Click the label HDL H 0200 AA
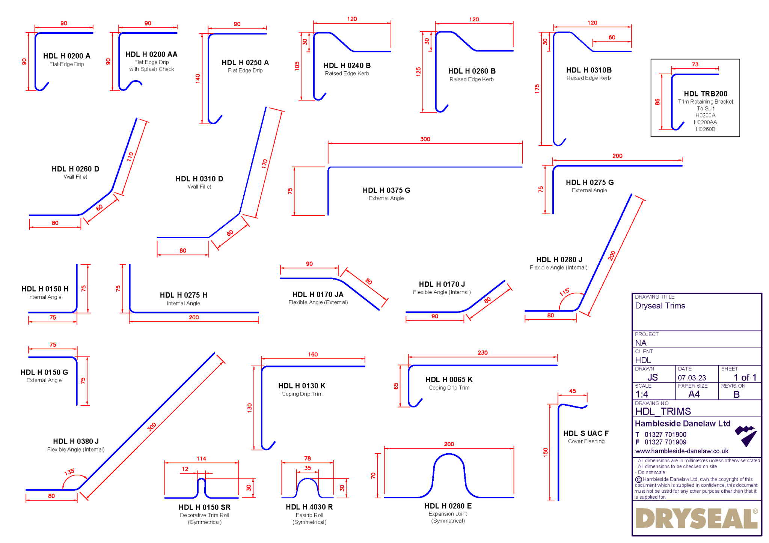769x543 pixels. [151, 54]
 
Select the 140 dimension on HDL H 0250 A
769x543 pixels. [198, 78]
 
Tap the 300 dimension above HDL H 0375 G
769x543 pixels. [425, 139]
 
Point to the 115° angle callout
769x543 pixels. [564, 292]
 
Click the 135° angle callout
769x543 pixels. [69, 472]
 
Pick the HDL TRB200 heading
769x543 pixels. [705, 94]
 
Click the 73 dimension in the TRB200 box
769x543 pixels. [695, 65]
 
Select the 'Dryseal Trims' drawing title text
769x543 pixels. [660, 306]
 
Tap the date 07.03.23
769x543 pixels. [692, 378]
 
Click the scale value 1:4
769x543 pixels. [642, 394]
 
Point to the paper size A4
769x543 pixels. [694, 394]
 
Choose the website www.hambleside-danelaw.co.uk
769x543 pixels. [682, 451]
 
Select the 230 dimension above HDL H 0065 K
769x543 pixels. [483, 353]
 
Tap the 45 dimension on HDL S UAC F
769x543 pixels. [572, 391]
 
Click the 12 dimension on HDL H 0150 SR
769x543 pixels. [185, 469]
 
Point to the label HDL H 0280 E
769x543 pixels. [448, 506]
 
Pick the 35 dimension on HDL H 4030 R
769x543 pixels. [308, 468]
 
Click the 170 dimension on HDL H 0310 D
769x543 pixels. [265, 164]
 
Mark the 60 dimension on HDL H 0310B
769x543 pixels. [612, 38]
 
